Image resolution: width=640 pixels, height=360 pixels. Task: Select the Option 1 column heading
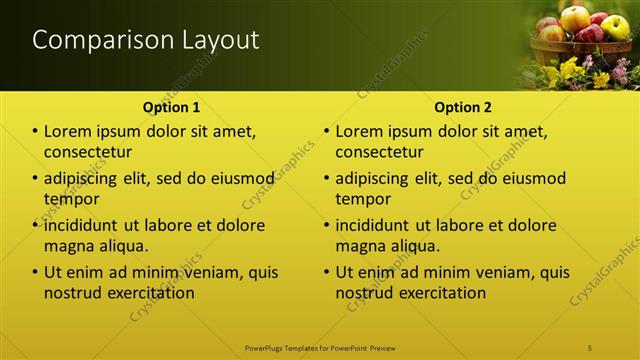click(x=171, y=107)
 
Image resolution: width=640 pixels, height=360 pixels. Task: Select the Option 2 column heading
click(x=462, y=107)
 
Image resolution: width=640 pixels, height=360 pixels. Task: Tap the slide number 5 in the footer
click(x=591, y=347)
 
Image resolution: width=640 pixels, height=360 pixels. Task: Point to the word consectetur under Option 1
click(x=88, y=152)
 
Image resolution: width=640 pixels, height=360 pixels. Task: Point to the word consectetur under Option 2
click(x=379, y=152)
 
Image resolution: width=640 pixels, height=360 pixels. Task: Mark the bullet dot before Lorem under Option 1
click(x=35, y=132)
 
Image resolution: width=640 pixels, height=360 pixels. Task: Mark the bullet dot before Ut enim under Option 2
click(x=326, y=272)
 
